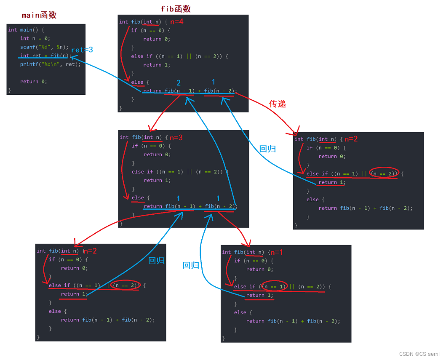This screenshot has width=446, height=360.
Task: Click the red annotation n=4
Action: point(176,22)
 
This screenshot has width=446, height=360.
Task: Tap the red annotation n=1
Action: point(277,252)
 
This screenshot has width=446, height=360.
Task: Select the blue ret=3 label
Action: point(82,50)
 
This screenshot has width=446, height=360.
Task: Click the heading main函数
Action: point(39,15)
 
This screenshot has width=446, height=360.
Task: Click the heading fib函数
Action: point(176,9)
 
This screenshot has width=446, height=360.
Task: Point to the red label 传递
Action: point(278,104)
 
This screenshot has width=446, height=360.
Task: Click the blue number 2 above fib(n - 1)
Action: point(179,83)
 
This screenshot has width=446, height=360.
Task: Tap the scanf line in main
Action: point(44,47)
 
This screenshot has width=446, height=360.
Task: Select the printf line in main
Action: point(50,64)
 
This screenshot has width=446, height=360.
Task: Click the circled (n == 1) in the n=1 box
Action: point(274,287)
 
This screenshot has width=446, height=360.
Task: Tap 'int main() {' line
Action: point(26,30)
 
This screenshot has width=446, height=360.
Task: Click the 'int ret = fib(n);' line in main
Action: point(44,56)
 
